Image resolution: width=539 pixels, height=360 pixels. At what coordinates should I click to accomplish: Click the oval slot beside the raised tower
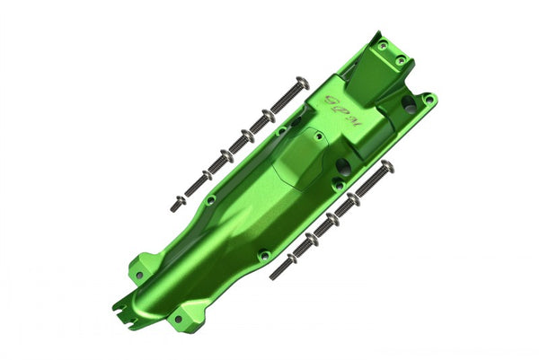click(x=409, y=105)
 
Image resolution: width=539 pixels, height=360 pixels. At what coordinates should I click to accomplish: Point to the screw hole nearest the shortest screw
click(x=210, y=199)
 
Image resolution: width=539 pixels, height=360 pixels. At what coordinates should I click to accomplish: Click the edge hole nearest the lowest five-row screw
click(x=264, y=255)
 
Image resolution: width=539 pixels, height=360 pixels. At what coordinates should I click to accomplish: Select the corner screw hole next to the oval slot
click(x=429, y=98)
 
